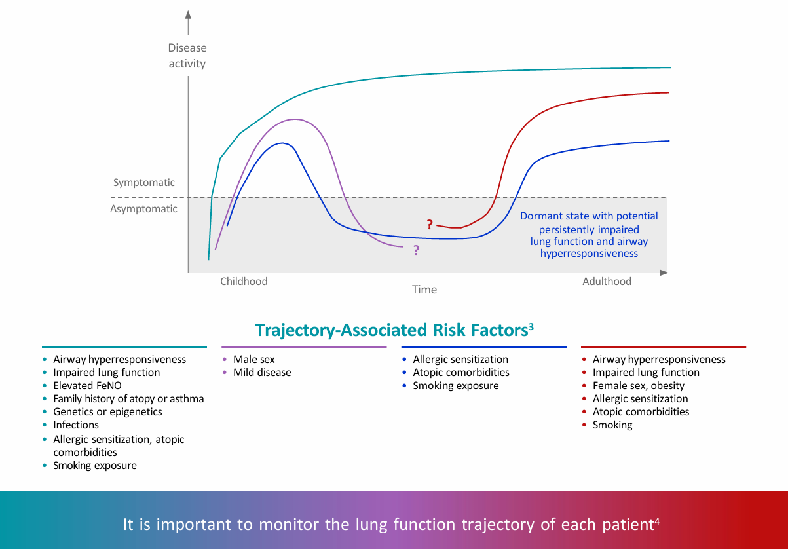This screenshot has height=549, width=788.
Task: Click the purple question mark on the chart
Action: [x=416, y=250]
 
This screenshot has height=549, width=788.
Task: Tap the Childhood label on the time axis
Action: [x=244, y=282]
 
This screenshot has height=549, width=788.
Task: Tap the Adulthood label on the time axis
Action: [x=607, y=282]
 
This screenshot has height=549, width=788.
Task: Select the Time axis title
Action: [x=424, y=290]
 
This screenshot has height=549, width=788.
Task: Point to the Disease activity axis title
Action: [x=187, y=56]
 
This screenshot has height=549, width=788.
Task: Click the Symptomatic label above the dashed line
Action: [x=144, y=183]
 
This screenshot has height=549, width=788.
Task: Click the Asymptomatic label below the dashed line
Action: [x=143, y=209]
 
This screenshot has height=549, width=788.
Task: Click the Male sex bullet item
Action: [x=254, y=360]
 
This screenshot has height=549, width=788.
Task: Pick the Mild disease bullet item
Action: [x=262, y=373]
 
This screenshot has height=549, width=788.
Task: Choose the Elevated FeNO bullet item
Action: [x=88, y=386]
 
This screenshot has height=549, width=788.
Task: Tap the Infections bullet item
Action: [x=76, y=425]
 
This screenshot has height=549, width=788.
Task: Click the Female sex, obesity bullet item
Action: [x=638, y=386]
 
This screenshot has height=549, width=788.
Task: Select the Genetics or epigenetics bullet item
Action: [x=107, y=412]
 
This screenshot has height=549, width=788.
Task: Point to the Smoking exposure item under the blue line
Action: [x=455, y=386]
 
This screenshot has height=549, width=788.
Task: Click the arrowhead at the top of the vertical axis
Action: [x=188, y=15]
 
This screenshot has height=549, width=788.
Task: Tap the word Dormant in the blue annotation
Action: [x=540, y=216]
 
